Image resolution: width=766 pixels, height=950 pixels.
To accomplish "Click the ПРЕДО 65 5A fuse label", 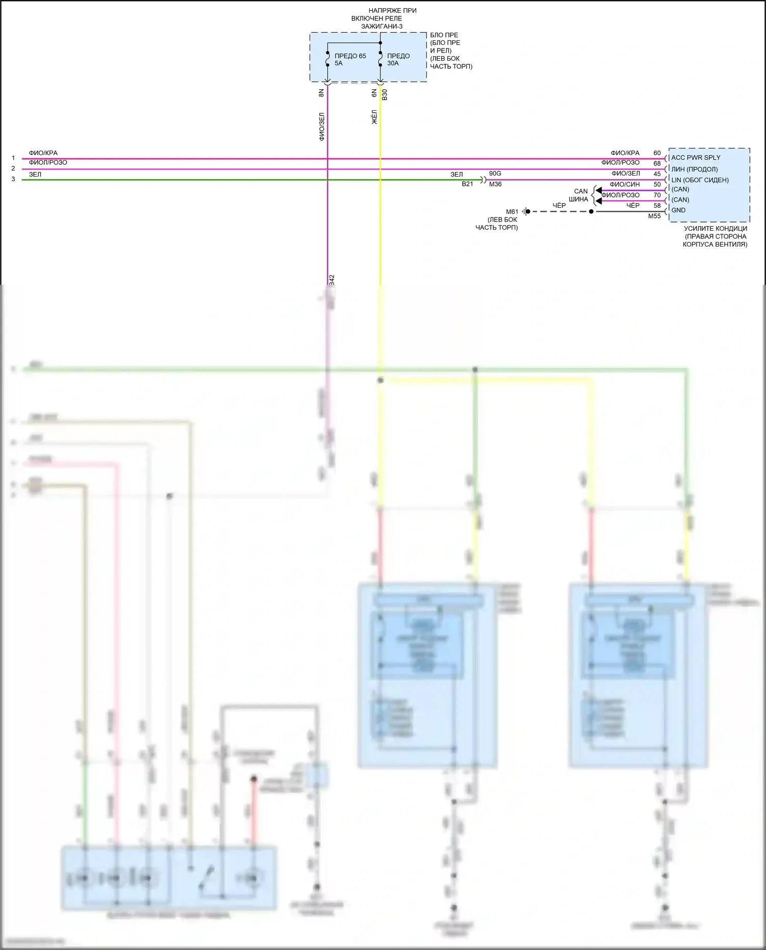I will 350,60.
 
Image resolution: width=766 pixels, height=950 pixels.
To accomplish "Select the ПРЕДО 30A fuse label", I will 398,60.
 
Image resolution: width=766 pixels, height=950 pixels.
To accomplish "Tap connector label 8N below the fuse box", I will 321,93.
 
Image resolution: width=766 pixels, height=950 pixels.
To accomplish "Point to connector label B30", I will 385,94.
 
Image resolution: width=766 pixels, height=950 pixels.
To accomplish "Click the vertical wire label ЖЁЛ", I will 374,117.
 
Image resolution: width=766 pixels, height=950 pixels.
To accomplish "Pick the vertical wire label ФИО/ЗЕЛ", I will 322,127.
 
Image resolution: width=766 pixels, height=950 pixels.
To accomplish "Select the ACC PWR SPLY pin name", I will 696,158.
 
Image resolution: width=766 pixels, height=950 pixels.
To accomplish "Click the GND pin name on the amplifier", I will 678,210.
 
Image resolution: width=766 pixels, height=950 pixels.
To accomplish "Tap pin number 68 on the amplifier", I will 657,163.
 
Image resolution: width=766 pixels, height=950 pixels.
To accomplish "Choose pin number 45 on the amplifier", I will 657,174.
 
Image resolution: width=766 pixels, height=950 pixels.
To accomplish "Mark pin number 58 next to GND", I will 657,206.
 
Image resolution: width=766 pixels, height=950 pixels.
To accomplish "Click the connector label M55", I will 654,216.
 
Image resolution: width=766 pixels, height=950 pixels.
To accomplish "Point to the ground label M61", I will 512,212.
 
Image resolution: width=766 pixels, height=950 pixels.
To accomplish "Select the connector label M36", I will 495,184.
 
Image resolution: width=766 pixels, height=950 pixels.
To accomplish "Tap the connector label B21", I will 467,184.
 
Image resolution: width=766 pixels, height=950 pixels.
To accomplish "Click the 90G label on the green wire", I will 495,174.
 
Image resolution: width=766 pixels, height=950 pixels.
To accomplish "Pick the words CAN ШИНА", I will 580,196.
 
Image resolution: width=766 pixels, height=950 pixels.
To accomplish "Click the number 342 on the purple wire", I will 331,280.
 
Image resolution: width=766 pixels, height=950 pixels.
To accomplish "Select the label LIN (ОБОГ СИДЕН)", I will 700,180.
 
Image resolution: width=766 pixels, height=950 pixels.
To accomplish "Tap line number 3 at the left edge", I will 13,179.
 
